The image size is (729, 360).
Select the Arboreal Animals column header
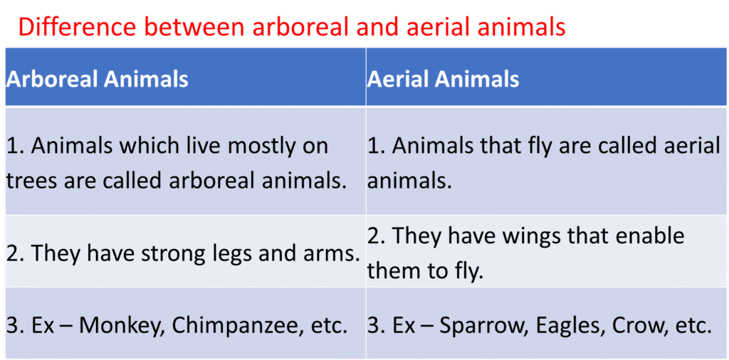click(97, 80)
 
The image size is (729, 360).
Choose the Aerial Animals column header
click(443, 80)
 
